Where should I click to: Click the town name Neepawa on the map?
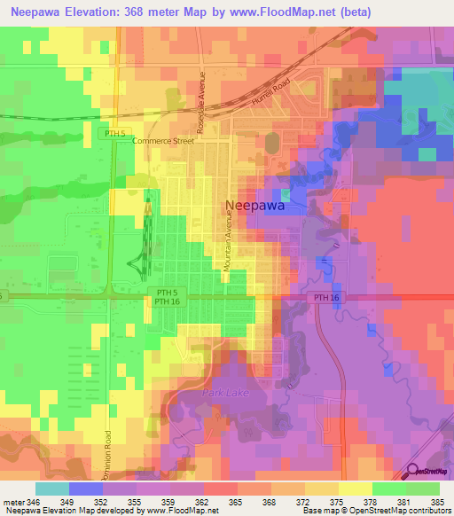pyautogui.click(x=256, y=205)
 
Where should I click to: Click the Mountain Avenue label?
pyautogui.click(x=227, y=245)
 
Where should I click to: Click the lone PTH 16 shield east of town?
pyautogui.click(x=326, y=299)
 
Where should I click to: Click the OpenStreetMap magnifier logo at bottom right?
pyautogui.click(x=414, y=472)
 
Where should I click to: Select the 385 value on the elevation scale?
pyautogui.click(x=437, y=500)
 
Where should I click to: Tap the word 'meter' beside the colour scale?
pyautogui.click(x=14, y=500)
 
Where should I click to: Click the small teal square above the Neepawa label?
pyautogui.click(x=286, y=193)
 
